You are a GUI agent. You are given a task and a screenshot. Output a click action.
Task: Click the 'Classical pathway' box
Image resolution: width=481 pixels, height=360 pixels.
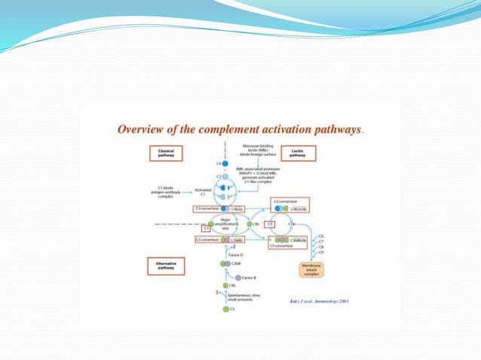[x=167, y=153]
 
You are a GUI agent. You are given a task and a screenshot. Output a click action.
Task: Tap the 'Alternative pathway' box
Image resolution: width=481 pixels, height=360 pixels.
[x=165, y=265]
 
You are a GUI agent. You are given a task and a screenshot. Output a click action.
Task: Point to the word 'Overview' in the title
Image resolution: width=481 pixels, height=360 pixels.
[x=142, y=129]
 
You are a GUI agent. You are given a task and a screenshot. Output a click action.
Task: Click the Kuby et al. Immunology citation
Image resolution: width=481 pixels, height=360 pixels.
[x=319, y=301]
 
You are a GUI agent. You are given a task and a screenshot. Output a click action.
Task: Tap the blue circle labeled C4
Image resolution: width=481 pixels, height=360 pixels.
[x=225, y=163]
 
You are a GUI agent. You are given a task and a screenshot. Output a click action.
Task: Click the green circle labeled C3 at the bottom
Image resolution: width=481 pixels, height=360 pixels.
[x=225, y=310]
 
